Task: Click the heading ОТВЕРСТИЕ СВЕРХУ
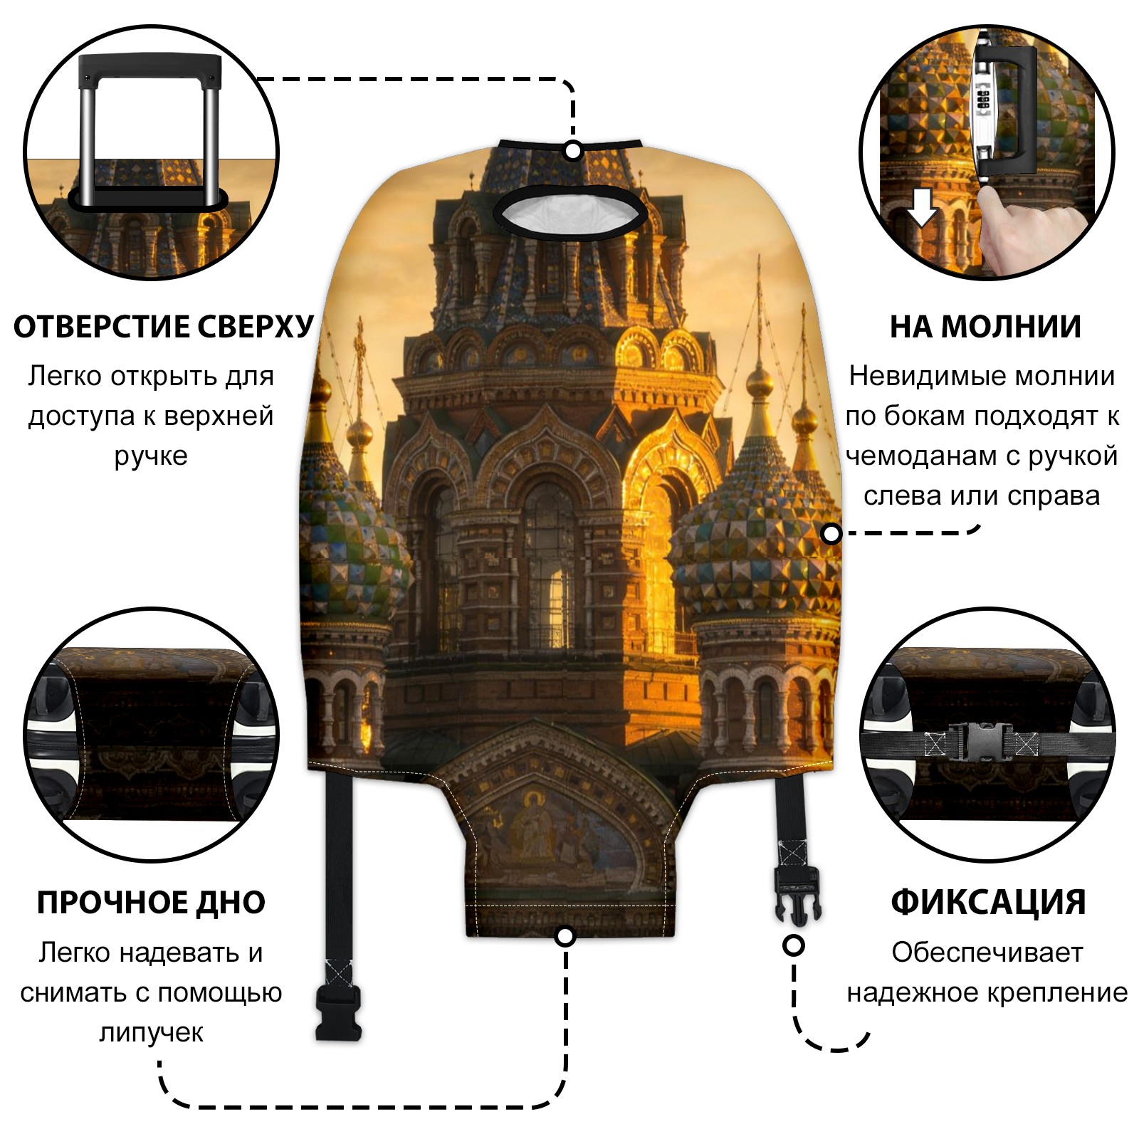point(164,327)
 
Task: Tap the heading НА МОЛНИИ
point(985,327)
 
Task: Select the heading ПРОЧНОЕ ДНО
point(151,903)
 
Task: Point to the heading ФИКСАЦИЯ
point(988,903)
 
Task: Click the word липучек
point(151,1032)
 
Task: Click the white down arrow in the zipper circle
point(923,207)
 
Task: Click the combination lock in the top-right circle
point(985,100)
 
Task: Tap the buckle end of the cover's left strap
point(339,1011)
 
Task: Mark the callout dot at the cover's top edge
point(573,151)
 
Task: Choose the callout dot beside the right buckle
point(794,946)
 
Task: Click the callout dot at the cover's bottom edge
point(565,936)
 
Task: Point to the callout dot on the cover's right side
point(831,533)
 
